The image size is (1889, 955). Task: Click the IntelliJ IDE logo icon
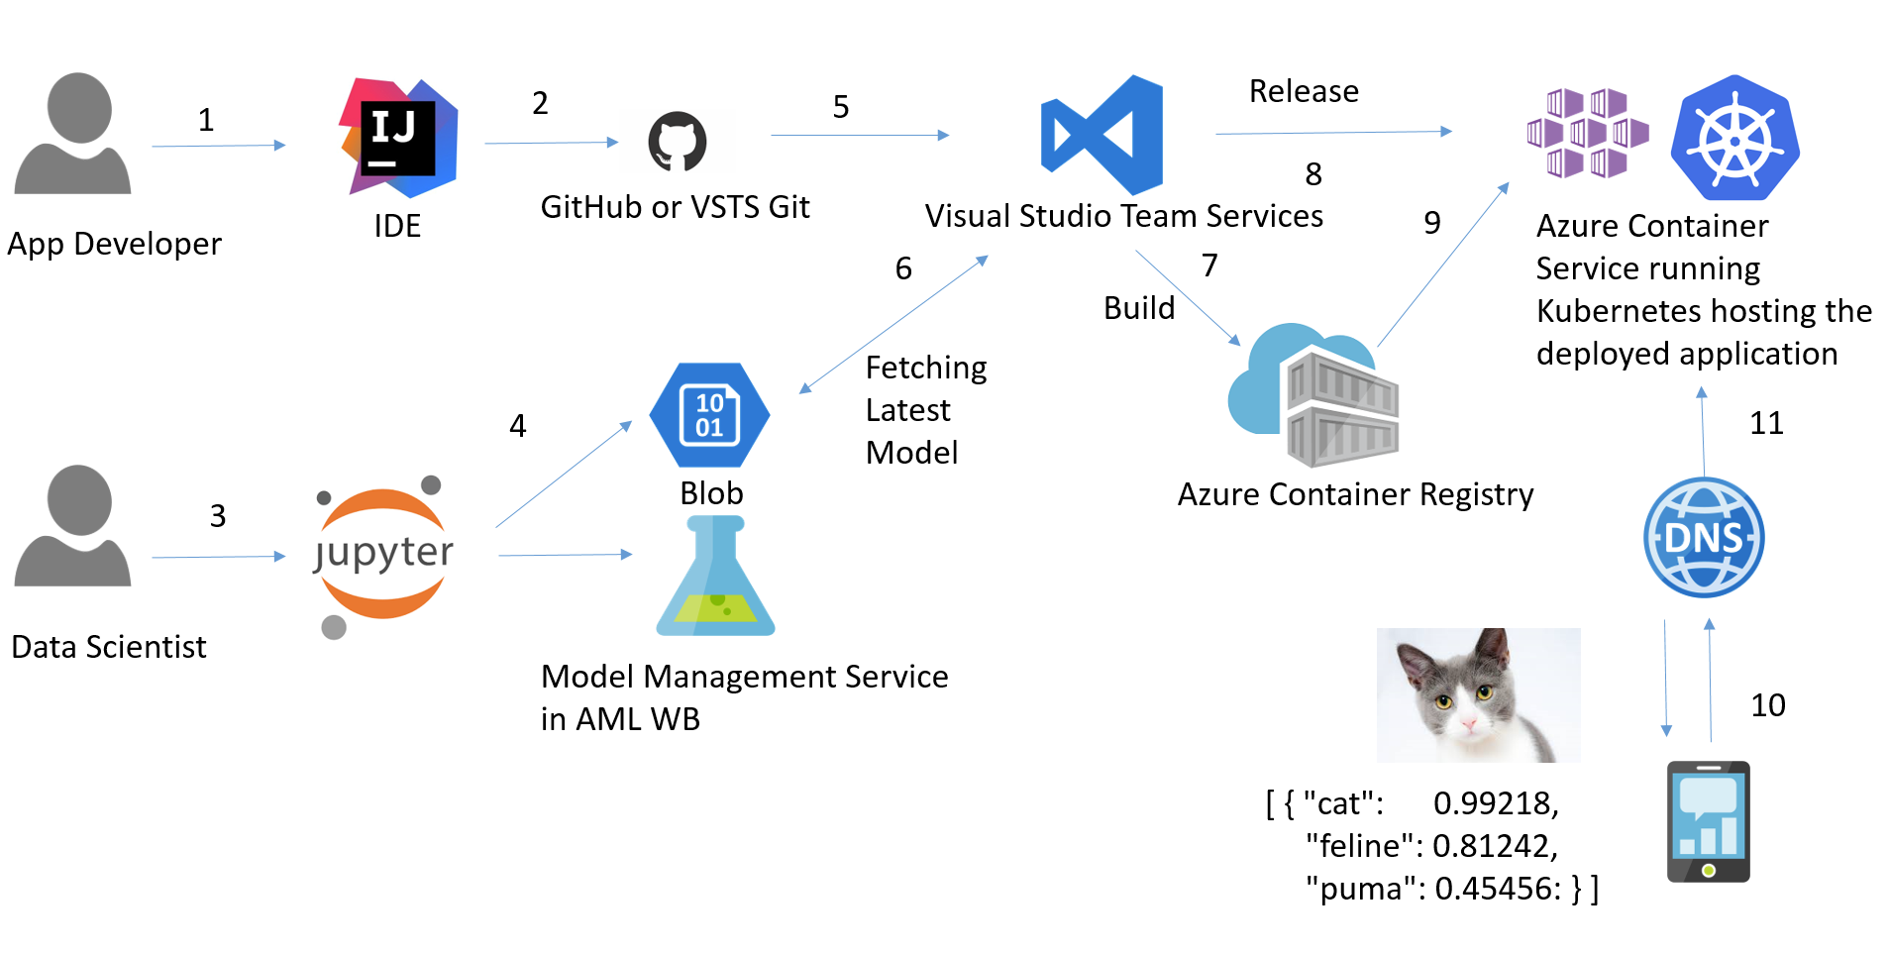(398, 137)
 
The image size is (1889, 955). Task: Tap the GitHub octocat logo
(678, 141)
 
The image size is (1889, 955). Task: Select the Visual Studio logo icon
(1102, 135)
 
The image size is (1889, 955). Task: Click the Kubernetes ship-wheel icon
(1734, 138)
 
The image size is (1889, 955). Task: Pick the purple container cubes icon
(1587, 133)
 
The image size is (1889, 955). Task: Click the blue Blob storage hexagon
(709, 415)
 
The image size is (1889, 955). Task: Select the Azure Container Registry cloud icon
(1313, 395)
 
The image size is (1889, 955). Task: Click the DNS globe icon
(1704, 538)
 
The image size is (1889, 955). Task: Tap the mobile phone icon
(1708, 821)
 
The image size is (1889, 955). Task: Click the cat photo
(1478, 694)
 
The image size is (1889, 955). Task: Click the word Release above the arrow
(1304, 91)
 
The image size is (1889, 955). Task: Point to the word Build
(1139, 308)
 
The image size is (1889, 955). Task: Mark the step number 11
(1766, 423)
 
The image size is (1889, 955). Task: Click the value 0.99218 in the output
(1495, 803)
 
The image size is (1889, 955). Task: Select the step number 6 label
(903, 268)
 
